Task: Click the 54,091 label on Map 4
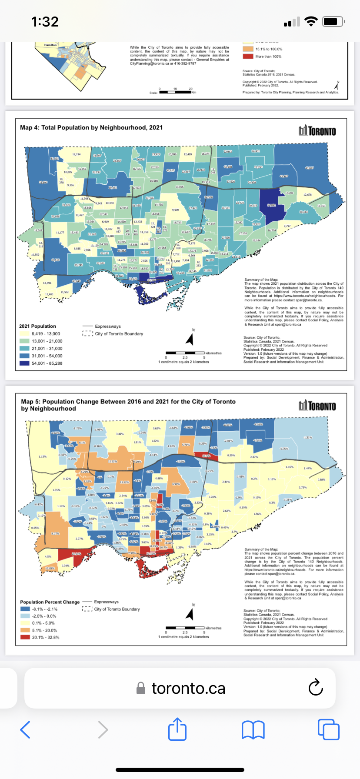coord(271,205)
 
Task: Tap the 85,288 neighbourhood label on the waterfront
coord(152,280)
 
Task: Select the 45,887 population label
coord(309,168)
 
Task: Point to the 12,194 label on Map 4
coord(76,154)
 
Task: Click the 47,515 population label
coord(55,260)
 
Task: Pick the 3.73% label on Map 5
coord(303,487)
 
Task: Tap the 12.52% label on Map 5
coord(112,462)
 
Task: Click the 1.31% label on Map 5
coord(308,437)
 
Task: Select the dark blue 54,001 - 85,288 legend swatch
coord(24,363)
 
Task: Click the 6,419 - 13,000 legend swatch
coord(24,334)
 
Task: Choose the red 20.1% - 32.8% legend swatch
coord(25,637)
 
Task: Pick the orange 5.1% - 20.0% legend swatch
coord(25,630)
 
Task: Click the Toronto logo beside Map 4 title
coord(317,131)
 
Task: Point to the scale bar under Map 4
coord(185,353)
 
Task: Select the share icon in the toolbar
coord(177,729)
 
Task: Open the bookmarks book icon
coord(253,729)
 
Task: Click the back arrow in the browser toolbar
coord(25,729)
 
